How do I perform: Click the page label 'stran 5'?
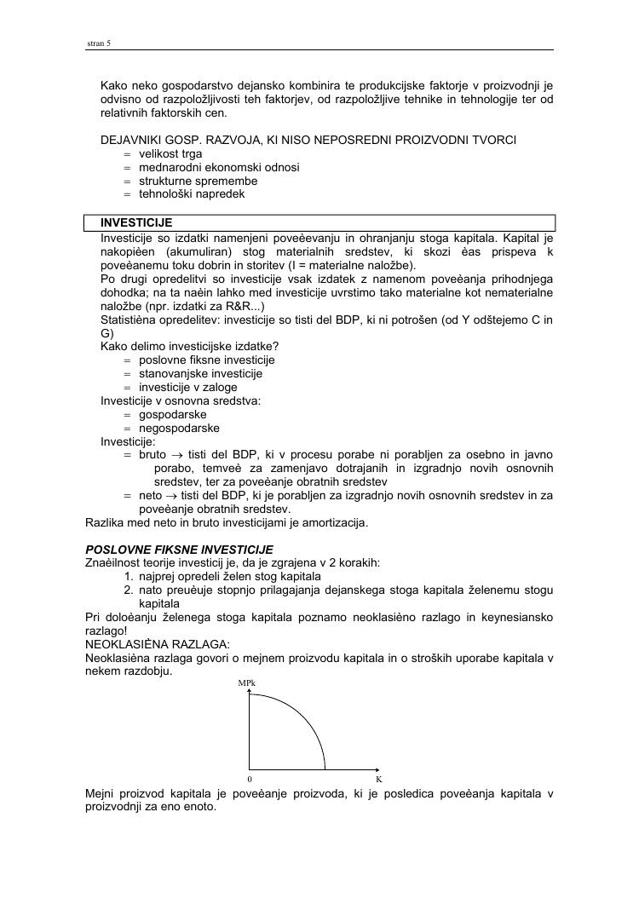click(99, 43)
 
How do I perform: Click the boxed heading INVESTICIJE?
click(136, 223)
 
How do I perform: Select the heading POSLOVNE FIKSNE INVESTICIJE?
click(180, 550)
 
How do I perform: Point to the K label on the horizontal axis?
click(378, 779)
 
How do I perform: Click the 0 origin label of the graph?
click(250, 779)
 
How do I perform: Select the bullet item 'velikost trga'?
click(170, 154)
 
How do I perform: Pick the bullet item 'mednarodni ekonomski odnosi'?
click(219, 168)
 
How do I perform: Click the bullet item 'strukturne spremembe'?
click(198, 181)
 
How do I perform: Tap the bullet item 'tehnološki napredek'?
click(192, 194)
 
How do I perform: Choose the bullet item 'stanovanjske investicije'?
click(200, 373)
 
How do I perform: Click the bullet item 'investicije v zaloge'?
click(188, 387)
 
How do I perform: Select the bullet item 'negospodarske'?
click(179, 428)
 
